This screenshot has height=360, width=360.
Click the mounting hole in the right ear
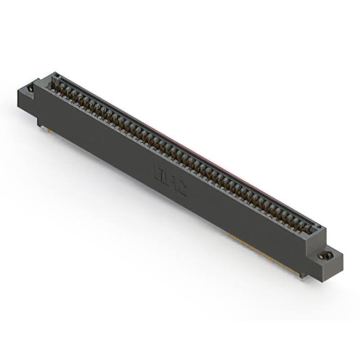[x=325, y=256]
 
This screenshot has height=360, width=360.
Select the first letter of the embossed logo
[x=157, y=171]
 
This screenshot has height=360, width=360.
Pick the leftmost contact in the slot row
[x=57, y=85]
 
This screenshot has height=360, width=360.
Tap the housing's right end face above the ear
[x=322, y=239]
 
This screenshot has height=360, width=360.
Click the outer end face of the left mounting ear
[x=22, y=97]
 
